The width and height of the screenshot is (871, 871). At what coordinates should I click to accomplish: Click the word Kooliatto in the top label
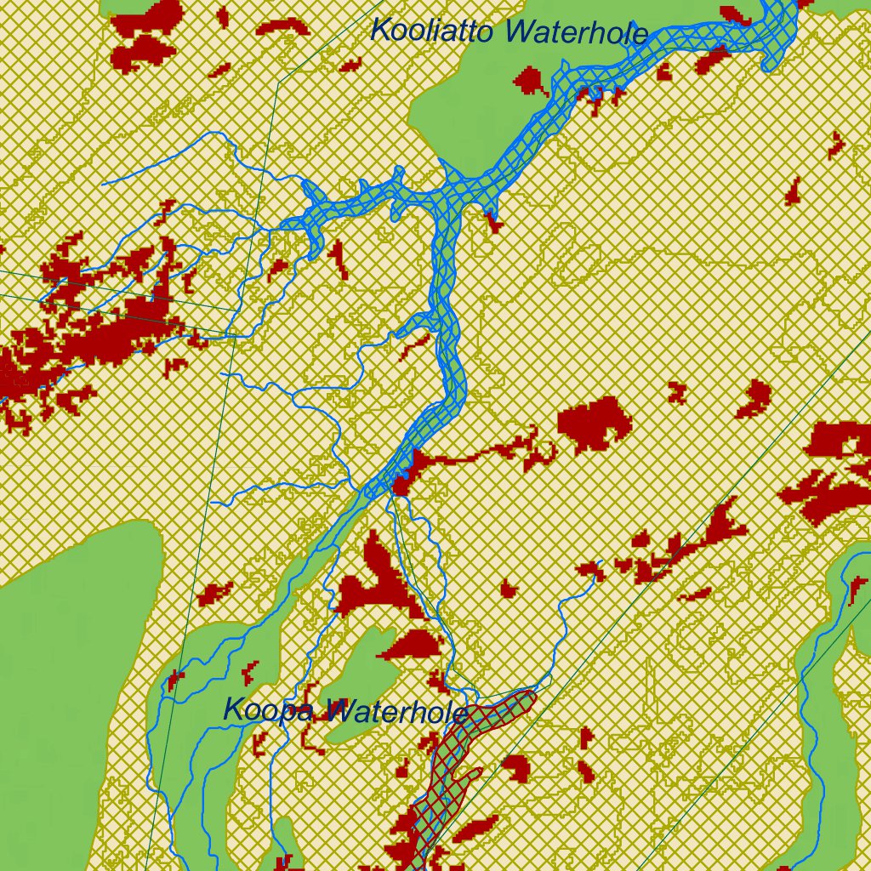click(435, 31)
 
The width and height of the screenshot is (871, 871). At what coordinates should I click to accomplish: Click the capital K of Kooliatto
click(381, 30)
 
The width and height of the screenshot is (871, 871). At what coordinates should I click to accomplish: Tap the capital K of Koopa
click(233, 709)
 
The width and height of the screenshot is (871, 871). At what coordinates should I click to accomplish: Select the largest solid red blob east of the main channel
click(595, 423)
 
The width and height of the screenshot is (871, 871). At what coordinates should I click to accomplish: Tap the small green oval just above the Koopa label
click(361, 659)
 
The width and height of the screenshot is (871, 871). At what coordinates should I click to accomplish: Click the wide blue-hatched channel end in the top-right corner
click(778, 26)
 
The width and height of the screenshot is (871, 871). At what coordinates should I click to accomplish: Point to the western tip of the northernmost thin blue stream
click(102, 183)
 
